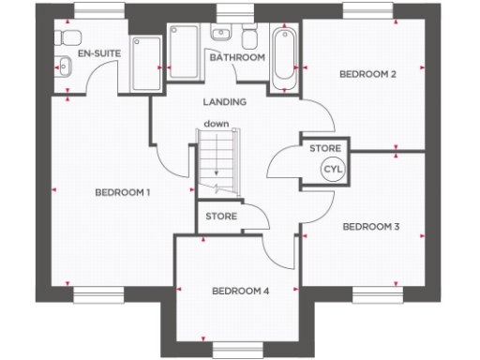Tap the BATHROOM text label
point(238,57)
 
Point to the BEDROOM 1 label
point(124,192)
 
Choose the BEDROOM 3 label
point(371,226)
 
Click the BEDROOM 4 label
point(240,292)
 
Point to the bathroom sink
point(222,35)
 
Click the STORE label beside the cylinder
point(324,148)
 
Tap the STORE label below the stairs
point(221,217)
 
